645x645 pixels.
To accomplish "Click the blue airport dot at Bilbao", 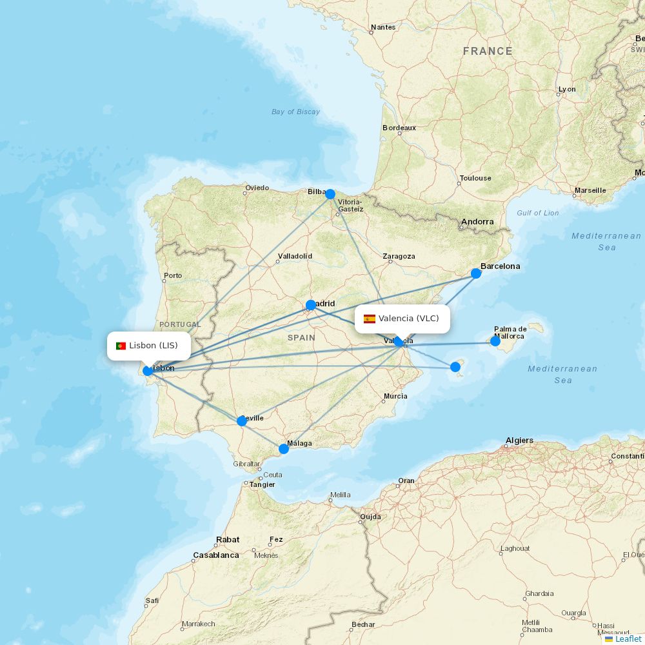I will point(330,194).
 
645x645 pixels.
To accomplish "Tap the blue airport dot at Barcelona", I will point(476,273).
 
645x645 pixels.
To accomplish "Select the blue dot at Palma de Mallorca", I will point(495,341).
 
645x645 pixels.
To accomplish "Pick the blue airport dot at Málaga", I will point(284,449).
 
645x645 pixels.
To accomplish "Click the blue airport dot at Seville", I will point(242,421).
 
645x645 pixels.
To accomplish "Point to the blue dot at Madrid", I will point(311,305).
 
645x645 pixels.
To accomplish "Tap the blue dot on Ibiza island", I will point(455,367).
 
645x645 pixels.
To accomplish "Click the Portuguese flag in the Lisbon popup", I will point(121,346).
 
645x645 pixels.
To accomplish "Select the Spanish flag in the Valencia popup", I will point(370,319).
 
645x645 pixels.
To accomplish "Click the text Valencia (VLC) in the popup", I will point(408,319).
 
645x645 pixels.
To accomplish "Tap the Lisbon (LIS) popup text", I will point(154,346).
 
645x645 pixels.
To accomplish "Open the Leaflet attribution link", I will point(628,639).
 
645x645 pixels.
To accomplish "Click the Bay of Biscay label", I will point(295,112).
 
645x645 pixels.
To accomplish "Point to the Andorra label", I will point(477,222).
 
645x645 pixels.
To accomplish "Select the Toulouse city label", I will point(475,178).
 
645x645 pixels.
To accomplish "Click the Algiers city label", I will point(519,441).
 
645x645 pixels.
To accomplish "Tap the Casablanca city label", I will point(215,555).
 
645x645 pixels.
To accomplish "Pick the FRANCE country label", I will point(488,52).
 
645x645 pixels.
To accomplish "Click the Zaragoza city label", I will point(399,256).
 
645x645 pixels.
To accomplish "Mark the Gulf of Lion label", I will point(537,213).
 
